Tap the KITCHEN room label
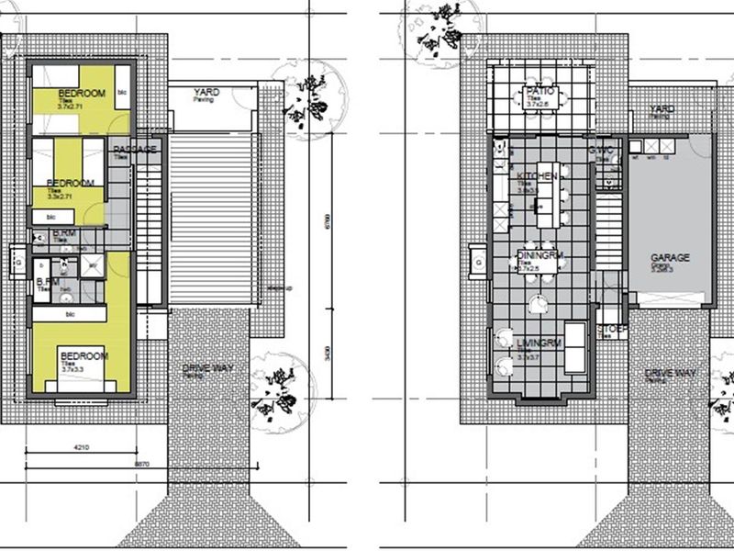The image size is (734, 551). [537, 175]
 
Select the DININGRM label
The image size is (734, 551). [539, 256]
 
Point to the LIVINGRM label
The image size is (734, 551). [539, 343]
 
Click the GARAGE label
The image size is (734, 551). [671, 258]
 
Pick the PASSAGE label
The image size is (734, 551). [136, 149]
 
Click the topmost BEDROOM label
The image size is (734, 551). [82, 94]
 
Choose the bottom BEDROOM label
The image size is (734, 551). [83, 355]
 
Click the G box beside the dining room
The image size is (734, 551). [478, 261]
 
